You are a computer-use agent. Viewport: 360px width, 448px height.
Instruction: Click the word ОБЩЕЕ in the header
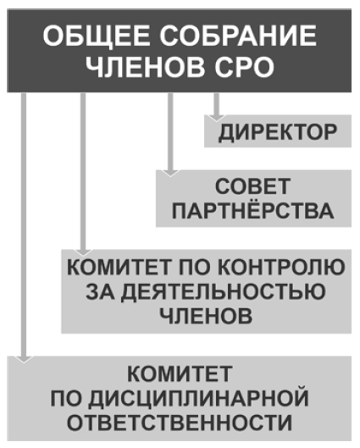coord(97,36)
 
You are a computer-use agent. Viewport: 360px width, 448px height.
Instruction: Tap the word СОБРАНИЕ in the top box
coord(238,36)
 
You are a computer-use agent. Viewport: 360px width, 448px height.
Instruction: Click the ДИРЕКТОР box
coord(278,131)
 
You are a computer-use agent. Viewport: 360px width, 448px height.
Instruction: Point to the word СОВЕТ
coord(253,186)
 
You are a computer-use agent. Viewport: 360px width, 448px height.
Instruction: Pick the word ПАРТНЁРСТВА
coord(253,211)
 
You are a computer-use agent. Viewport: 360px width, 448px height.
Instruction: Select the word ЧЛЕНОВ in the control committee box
coord(206,316)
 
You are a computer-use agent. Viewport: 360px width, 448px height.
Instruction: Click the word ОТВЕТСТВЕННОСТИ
coord(180,423)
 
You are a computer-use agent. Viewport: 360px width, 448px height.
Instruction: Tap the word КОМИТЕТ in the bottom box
coord(180,373)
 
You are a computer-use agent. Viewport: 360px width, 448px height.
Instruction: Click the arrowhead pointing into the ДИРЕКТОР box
coord(217,118)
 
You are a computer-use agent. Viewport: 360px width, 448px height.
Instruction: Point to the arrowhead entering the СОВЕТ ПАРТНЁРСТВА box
coord(170,173)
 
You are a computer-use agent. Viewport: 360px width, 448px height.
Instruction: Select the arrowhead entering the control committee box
coord(83,252)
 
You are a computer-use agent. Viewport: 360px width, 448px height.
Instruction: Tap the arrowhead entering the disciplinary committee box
coord(24,359)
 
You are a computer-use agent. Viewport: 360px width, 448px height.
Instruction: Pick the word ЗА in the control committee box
coord(100,291)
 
